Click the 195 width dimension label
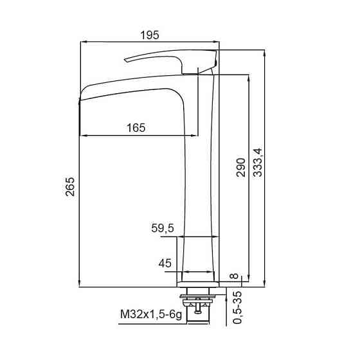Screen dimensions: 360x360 [x=149, y=35]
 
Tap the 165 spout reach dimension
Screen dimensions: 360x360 [x=136, y=128]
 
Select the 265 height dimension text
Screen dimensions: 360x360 [x=70, y=186]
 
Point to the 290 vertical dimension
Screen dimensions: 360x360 [x=240, y=168]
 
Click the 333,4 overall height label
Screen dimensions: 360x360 [x=257, y=163]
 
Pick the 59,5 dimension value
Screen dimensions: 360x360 [x=163, y=228]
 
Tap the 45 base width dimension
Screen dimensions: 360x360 [x=165, y=263]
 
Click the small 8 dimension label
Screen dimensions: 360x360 [x=234, y=276]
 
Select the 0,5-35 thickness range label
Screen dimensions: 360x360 [x=237, y=308]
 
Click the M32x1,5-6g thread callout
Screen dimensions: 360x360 [x=151, y=314]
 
